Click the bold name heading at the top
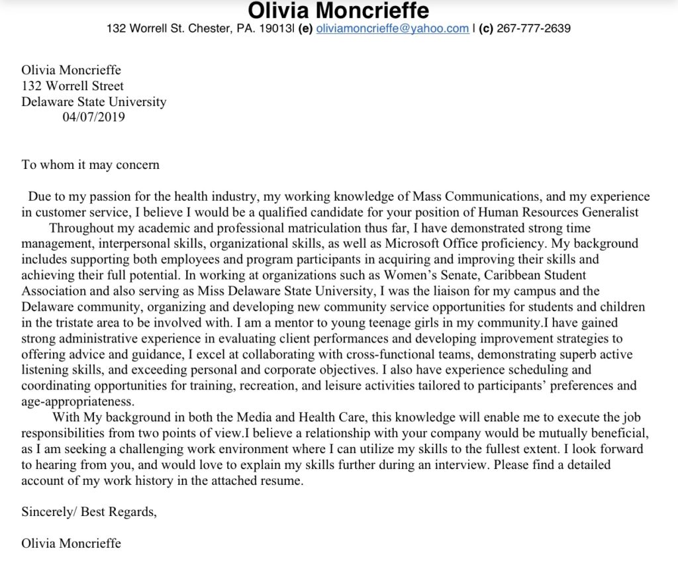(338, 11)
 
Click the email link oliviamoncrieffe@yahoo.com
(392, 28)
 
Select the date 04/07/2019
(93, 118)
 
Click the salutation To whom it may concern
(90, 165)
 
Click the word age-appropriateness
(77, 401)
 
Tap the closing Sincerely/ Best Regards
(89, 512)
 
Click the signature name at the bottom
(71, 544)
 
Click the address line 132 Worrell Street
(72, 86)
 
